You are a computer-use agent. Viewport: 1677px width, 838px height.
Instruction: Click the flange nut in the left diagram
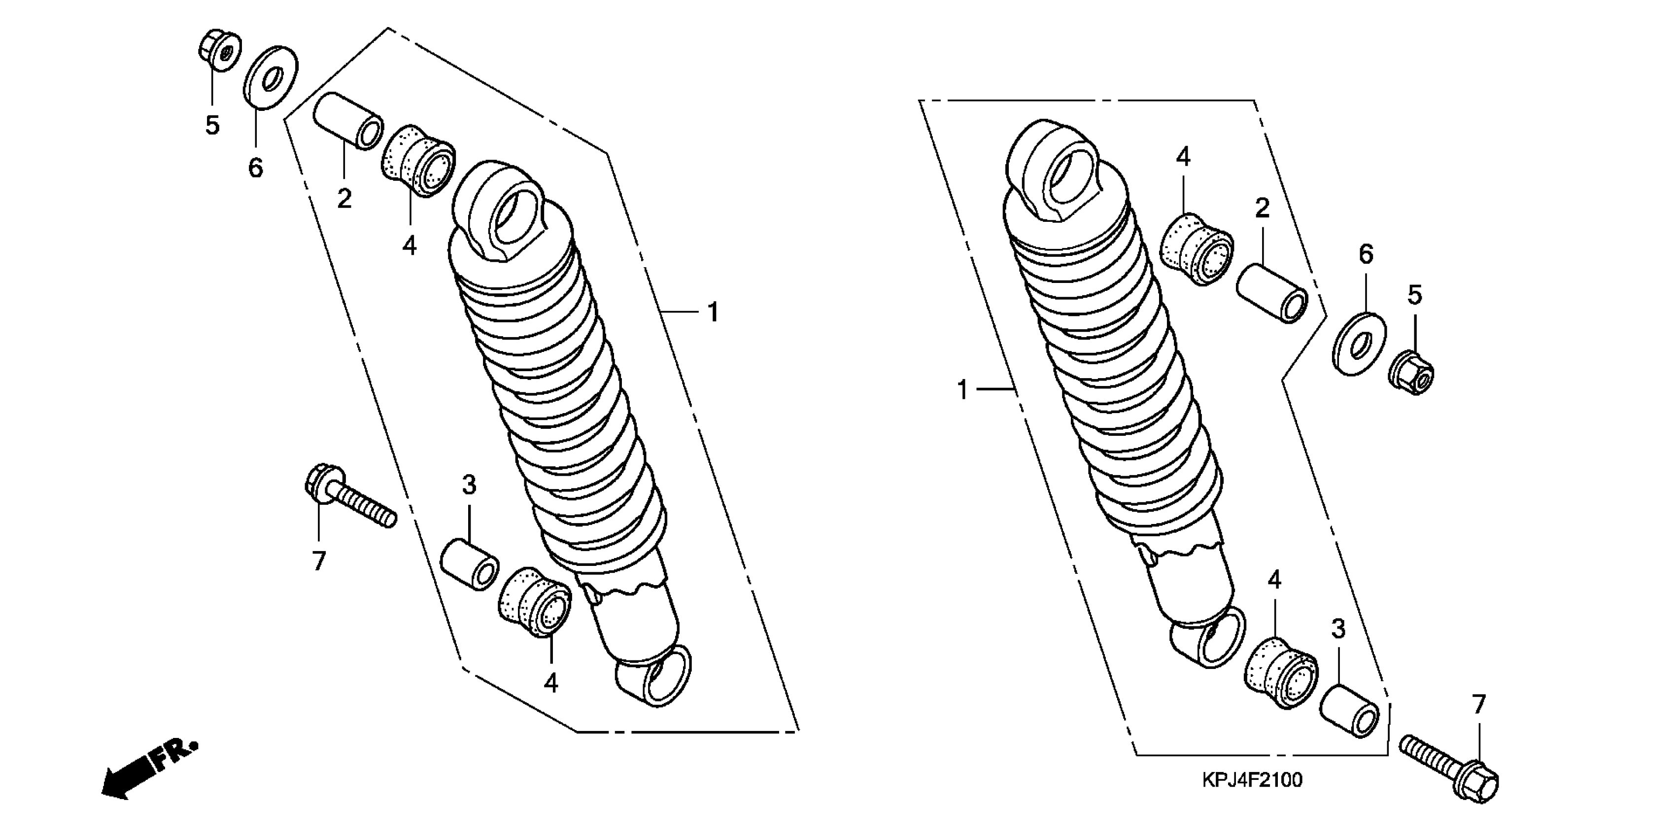(219, 50)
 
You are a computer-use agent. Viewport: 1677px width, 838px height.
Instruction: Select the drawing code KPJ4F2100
(1252, 780)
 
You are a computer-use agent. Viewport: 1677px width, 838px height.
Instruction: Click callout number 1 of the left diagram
(713, 313)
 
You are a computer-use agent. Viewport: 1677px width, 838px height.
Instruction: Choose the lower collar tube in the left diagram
(470, 563)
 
